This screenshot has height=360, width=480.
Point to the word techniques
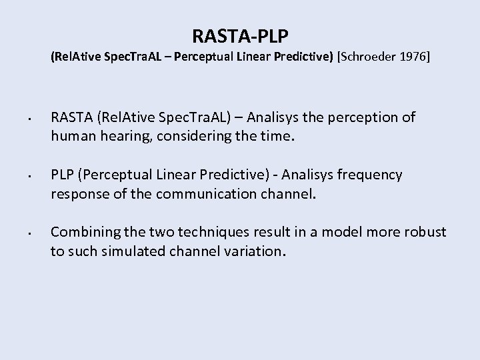click(x=202, y=231)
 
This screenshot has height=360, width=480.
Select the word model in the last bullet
click(x=342, y=231)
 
